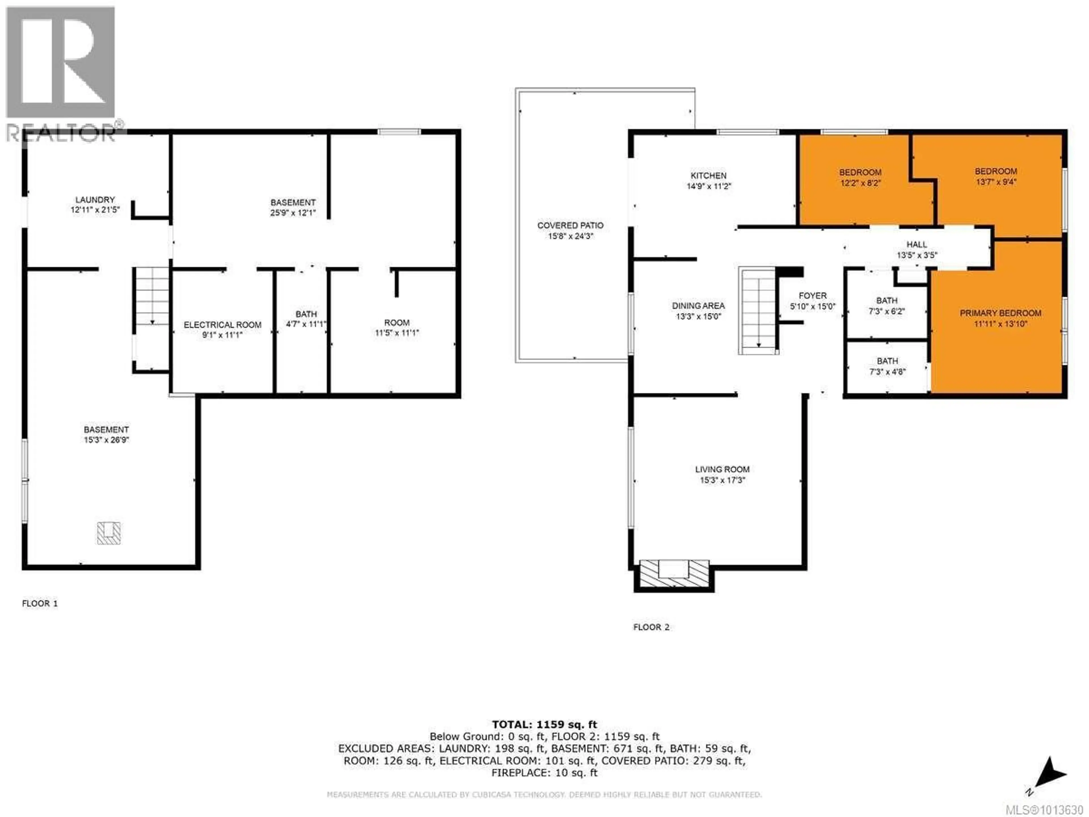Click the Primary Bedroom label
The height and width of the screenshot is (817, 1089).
[1001, 313]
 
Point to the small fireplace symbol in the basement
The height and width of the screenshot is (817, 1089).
[109, 533]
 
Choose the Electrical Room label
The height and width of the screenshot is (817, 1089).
[223, 325]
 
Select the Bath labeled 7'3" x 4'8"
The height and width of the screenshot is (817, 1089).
[887, 367]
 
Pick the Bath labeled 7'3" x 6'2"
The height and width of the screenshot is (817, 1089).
[887, 306]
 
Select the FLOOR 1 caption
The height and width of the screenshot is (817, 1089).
[40, 604]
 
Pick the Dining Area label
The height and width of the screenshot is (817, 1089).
[698, 306]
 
